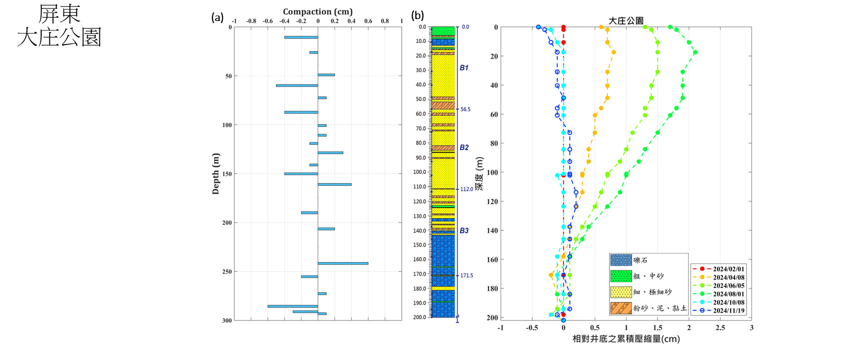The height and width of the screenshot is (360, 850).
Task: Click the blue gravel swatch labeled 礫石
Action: (x=621, y=260)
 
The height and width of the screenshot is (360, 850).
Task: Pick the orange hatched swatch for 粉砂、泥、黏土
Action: (x=621, y=308)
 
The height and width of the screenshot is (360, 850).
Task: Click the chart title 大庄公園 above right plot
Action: (x=626, y=20)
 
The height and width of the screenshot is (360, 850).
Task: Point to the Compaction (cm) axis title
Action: (x=317, y=11)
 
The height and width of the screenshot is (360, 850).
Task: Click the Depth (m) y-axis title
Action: (x=215, y=173)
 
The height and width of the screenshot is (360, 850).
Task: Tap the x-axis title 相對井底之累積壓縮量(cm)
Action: (x=626, y=339)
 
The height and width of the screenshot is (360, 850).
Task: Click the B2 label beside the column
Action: (x=464, y=147)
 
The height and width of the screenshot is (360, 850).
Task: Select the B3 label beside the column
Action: (x=464, y=230)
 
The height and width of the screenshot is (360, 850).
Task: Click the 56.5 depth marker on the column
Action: (x=465, y=109)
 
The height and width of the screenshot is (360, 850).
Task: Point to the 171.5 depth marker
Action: (x=466, y=275)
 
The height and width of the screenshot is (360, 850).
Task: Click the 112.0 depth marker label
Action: (x=466, y=189)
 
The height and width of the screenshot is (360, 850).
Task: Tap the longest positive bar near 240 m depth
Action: (x=343, y=263)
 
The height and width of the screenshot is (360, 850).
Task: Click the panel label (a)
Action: (x=217, y=17)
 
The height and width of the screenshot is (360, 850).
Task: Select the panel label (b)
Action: (x=417, y=15)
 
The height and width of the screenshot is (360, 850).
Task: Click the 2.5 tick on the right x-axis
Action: (x=720, y=328)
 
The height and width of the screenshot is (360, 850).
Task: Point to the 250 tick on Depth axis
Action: (x=227, y=271)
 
